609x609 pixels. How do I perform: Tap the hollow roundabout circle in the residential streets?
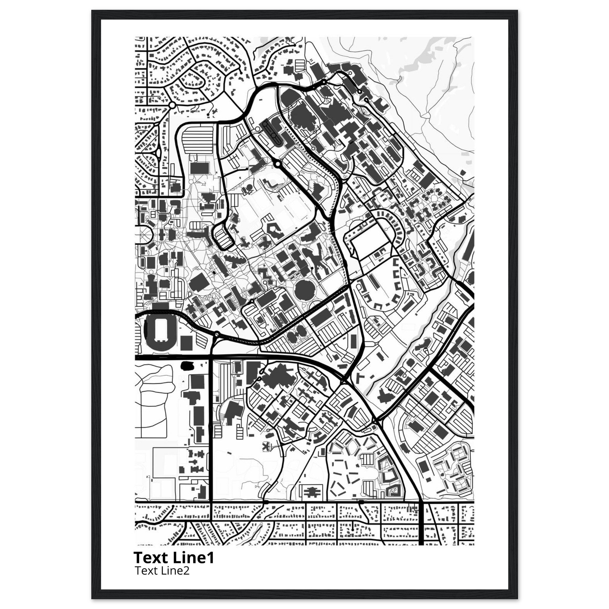tap(172, 105)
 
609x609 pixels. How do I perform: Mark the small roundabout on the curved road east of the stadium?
tap(216, 334)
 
